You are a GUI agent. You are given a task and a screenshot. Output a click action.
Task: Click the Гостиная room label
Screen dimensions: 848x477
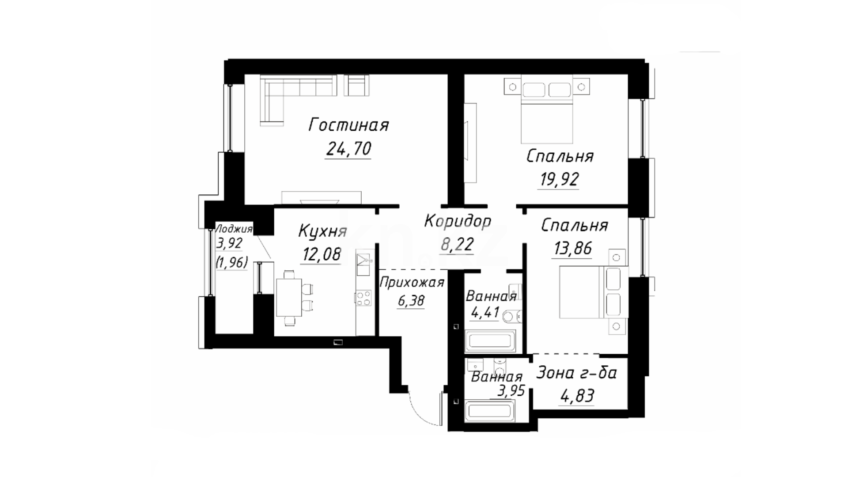click(348, 125)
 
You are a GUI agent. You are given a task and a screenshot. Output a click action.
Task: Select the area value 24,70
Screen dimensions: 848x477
click(348, 149)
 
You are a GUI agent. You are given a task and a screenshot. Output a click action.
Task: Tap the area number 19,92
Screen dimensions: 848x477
click(559, 179)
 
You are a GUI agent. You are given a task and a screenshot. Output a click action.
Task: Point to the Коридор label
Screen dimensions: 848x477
click(458, 221)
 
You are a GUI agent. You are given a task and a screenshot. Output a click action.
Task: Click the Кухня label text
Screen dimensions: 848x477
click(322, 231)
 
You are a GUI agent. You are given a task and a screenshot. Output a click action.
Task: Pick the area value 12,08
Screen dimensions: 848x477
click(322, 254)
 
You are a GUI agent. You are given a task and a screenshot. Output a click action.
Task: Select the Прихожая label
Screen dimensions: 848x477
click(412, 282)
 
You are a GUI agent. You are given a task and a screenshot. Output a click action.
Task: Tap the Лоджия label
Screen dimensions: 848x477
click(234, 229)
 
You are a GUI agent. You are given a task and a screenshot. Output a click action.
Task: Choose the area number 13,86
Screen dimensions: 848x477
click(572, 249)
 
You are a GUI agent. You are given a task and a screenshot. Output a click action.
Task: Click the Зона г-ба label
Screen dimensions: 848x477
click(576, 373)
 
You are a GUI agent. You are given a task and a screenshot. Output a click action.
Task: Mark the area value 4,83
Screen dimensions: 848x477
click(577, 396)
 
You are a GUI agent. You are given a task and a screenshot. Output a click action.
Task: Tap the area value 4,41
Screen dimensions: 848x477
click(485, 313)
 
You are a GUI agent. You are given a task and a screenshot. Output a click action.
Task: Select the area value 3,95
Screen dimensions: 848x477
click(511, 391)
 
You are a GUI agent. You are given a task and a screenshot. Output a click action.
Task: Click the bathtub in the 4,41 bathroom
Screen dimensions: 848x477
click(490, 341)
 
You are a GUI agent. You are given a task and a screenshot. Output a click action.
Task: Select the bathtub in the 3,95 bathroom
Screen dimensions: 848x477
click(489, 411)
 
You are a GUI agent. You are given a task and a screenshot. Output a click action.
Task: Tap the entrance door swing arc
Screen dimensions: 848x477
click(420, 411)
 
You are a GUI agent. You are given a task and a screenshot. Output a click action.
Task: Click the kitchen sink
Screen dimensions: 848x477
click(364, 265)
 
